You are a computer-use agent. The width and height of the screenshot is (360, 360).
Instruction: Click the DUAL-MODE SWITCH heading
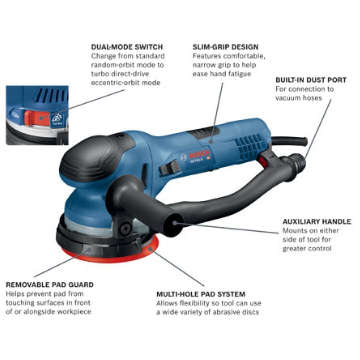[x=127, y=47]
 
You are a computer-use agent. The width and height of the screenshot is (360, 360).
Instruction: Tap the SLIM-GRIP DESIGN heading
[x=225, y=47]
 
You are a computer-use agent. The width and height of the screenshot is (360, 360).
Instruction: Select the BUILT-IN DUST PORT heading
[x=311, y=80]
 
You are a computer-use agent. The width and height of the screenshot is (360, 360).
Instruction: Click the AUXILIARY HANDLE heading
[x=316, y=222]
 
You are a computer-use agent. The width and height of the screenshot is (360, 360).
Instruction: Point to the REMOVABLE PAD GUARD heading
[x=50, y=285]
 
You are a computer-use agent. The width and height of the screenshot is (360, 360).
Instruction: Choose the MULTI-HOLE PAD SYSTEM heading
[x=201, y=294]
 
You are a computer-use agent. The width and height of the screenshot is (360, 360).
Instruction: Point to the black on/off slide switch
[x=170, y=168]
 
